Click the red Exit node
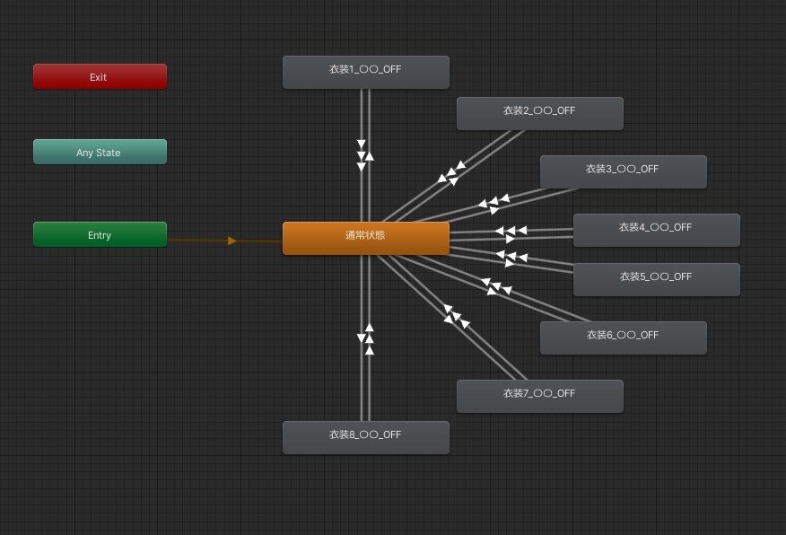coord(100,76)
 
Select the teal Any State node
coord(100,152)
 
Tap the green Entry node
coord(100,234)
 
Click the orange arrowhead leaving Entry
coord(232,241)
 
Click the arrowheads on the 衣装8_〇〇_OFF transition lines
coord(365,338)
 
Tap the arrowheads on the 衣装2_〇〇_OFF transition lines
coord(452,173)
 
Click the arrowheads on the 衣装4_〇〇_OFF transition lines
coord(510,233)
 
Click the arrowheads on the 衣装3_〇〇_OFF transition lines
coord(493,204)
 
